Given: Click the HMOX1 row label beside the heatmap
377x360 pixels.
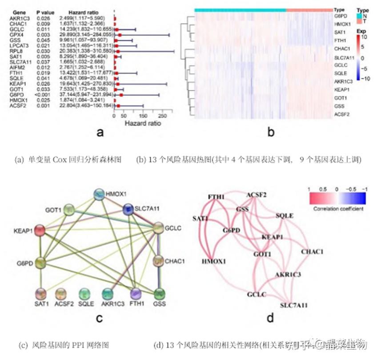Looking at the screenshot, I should pos(341,24).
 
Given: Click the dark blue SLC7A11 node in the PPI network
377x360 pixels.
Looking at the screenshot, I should pos(128,209).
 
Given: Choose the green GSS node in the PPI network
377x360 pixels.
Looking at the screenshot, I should pos(159,294).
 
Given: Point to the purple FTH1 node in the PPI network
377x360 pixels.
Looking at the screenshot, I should pos(136,294).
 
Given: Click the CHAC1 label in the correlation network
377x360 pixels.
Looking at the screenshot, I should pos(312,252).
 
